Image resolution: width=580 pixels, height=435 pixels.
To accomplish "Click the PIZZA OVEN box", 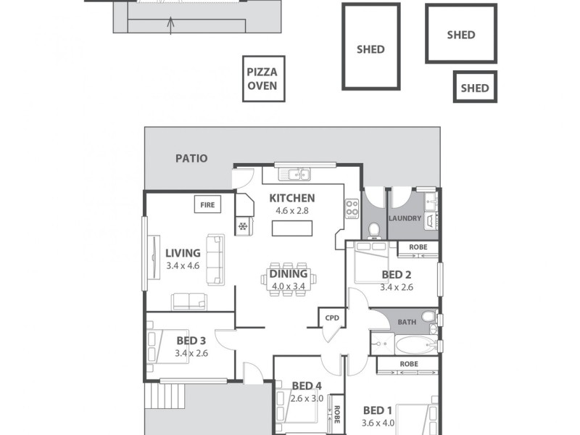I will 263,78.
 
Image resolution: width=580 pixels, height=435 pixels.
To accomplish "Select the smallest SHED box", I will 475,87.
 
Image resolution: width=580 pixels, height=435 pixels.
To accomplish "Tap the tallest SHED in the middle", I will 370,47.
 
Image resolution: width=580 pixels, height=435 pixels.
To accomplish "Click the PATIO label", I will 191,158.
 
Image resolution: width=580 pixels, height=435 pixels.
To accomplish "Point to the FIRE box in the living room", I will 207,205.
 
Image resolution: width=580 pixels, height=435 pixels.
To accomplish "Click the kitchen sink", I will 297,174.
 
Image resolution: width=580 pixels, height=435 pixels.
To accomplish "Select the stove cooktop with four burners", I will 352,209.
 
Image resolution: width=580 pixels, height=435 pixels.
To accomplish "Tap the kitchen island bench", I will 293,228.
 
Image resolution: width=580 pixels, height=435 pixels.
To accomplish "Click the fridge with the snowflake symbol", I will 242,226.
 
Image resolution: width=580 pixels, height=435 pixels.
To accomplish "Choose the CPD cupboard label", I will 332,317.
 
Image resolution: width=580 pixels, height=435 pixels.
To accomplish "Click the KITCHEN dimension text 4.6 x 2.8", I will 291,211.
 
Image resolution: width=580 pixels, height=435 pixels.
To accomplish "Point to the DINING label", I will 289,274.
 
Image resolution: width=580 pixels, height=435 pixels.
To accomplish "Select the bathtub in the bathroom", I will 410,344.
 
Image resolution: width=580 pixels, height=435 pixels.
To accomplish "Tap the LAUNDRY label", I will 405,218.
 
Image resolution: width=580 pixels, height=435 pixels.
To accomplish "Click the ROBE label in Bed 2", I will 418,247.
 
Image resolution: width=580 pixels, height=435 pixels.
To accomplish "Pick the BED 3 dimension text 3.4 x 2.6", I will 191,354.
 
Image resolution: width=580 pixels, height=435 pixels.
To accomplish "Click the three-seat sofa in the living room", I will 215,260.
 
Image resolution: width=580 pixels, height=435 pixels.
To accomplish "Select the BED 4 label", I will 307,386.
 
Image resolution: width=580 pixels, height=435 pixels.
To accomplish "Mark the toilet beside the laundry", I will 374,228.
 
